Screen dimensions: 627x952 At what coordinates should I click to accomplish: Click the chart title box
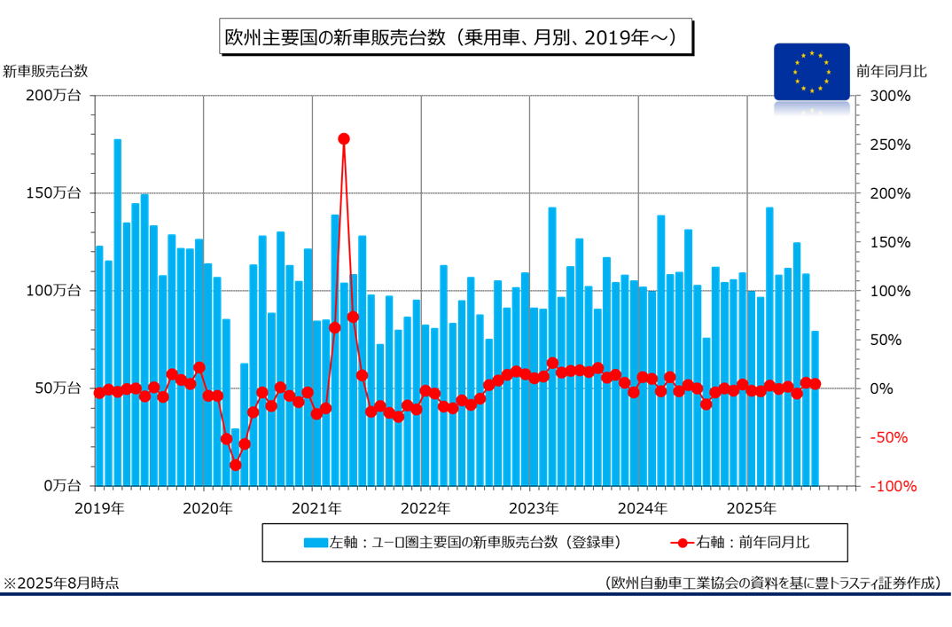[453, 37]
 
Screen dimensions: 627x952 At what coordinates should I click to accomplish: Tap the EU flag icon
[811, 71]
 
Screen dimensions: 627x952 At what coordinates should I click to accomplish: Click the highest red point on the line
[344, 138]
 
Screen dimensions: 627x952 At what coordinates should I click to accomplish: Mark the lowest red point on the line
[236, 465]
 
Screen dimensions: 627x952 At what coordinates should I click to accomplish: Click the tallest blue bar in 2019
[118, 310]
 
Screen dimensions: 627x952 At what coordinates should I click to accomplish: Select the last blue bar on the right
[815, 408]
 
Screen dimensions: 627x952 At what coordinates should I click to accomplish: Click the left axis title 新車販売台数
[45, 71]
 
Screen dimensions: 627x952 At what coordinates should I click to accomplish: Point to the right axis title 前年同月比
[891, 71]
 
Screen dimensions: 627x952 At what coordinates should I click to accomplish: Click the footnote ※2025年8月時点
[62, 583]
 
